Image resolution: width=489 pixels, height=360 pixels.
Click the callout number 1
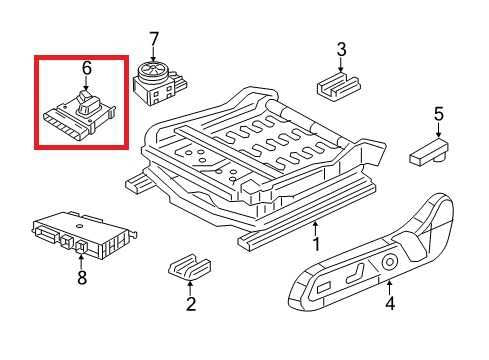316,244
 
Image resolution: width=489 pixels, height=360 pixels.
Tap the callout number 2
191,304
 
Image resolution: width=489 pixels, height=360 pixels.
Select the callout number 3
341,50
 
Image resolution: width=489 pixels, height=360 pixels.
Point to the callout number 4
390,304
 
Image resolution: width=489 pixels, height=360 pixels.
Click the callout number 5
439,114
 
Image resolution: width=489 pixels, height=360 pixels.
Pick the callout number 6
86,68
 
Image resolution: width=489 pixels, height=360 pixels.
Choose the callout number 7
153,40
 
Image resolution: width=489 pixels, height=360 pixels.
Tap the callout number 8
82,277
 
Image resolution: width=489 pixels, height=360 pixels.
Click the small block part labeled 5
429,153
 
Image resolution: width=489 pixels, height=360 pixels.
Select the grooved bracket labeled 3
338,85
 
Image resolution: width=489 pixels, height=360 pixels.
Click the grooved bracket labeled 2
189,266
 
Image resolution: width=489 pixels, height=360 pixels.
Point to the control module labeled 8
83,234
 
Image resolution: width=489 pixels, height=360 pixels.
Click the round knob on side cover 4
389,262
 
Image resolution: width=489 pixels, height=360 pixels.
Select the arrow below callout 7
153,54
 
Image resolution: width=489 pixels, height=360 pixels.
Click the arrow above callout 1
315,229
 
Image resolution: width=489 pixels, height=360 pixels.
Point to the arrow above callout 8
81,261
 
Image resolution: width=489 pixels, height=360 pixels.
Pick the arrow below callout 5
438,130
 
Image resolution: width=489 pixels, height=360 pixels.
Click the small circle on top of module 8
79,226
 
